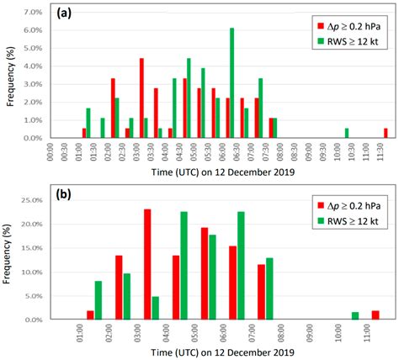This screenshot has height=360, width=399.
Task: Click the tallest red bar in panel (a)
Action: click(x=141, y=98)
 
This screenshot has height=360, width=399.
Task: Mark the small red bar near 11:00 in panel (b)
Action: click(x=375, y=315)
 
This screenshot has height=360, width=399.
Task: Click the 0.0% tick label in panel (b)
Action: click(x=33, y=320)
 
